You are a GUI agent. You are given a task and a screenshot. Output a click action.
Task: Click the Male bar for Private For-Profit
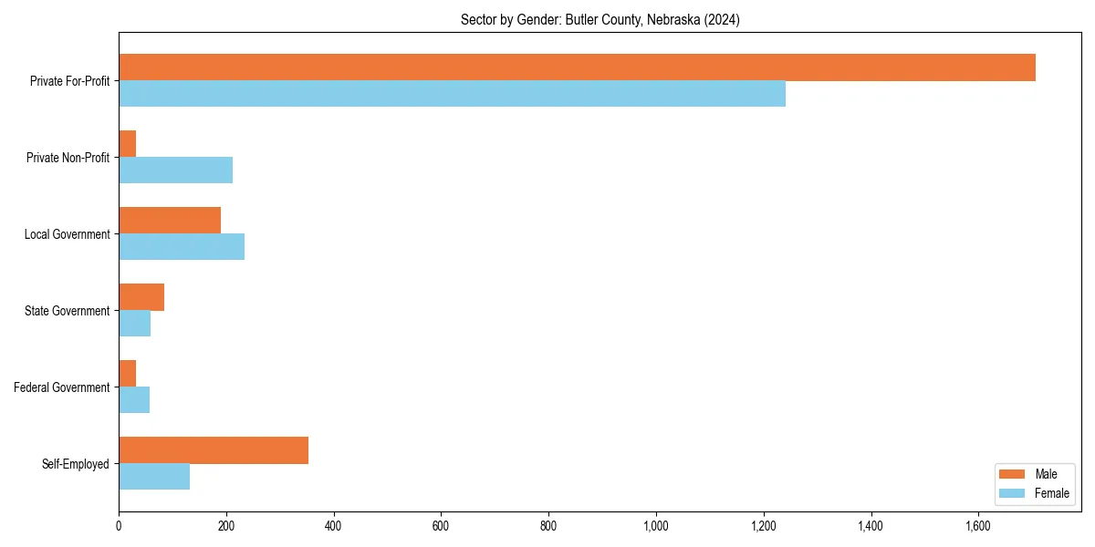coord(577,67)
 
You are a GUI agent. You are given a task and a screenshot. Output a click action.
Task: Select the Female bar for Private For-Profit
coord(452,94)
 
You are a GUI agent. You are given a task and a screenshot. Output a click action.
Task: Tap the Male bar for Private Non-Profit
coord(128,144)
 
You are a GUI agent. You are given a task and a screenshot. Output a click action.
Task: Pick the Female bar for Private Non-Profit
coord(175,170)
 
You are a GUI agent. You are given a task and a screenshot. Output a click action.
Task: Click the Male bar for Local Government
coord(170,221)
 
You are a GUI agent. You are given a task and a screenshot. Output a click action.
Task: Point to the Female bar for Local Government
coord(182,247)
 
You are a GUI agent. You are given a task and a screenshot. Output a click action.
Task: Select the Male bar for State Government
coord(141,297)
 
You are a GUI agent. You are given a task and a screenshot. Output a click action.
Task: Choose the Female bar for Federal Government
coord(134,400)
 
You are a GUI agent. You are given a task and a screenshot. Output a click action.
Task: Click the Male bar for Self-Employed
coord(214,450)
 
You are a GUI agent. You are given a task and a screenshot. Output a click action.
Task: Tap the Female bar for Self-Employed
coord(154,477)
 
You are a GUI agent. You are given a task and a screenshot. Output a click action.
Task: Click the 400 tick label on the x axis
coord(333,526)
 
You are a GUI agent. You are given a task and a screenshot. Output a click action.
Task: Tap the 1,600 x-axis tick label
coord(978,526)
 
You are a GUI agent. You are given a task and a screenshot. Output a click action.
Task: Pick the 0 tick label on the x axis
coord(119,526)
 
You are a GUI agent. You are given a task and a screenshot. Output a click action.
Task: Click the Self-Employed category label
coord(76,464)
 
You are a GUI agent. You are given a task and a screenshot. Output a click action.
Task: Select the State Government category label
coord(68,311)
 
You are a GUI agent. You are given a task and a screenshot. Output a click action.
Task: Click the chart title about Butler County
coord(600,20)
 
